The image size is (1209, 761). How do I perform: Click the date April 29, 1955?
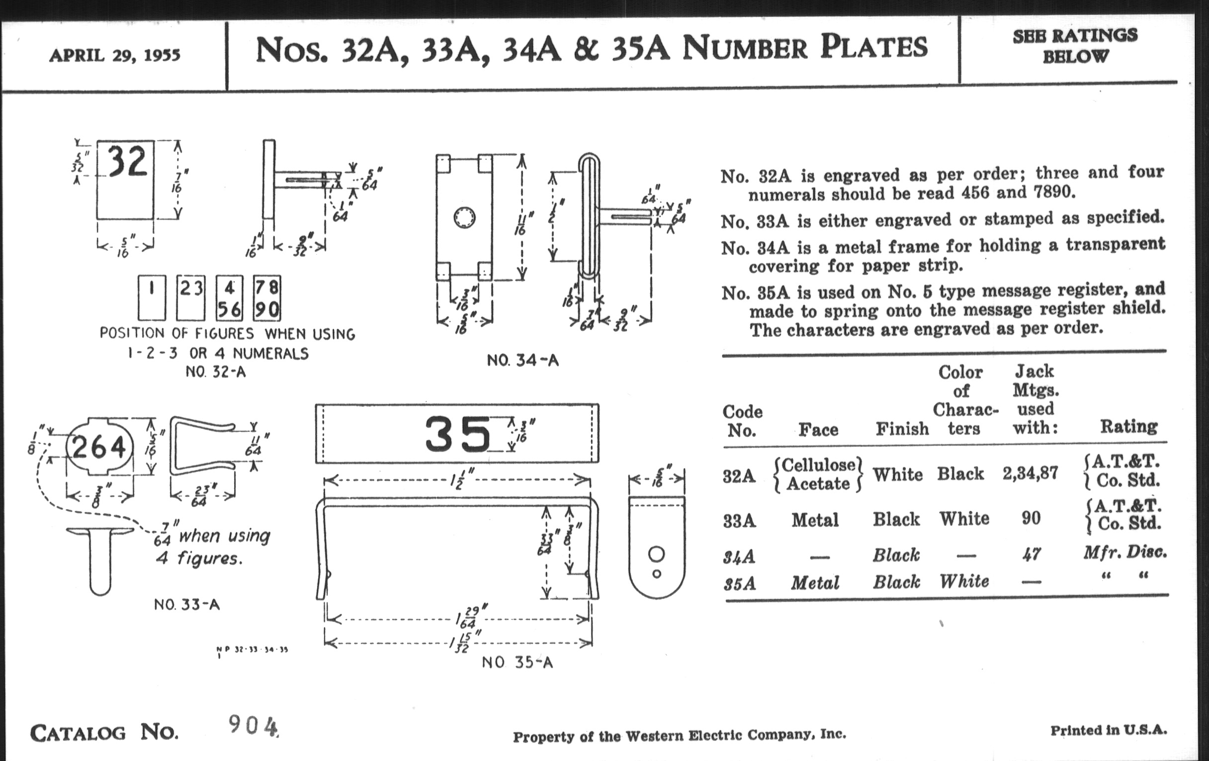114,55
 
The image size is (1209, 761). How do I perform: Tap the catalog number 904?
253,726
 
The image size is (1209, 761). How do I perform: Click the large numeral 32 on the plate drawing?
128,161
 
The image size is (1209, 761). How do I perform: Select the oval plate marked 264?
99,447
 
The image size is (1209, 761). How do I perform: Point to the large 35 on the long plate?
457,434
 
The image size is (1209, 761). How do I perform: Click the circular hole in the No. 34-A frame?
464,217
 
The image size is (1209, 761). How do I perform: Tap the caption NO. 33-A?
187,604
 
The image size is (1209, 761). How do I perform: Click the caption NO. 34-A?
522,360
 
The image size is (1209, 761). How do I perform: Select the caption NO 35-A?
517,663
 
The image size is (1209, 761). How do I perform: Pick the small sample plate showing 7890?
266,298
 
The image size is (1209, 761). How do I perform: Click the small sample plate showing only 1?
152,298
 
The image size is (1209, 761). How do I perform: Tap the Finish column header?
902,429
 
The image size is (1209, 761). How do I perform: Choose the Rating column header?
1128,426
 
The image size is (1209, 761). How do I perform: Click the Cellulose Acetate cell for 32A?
818,474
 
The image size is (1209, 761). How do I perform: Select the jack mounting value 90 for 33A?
1031,518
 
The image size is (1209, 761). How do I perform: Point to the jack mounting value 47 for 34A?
1031,555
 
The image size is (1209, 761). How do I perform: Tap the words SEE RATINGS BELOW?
1075,46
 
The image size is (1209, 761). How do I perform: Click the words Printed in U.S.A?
1109,730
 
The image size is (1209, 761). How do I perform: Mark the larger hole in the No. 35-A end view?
656,554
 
